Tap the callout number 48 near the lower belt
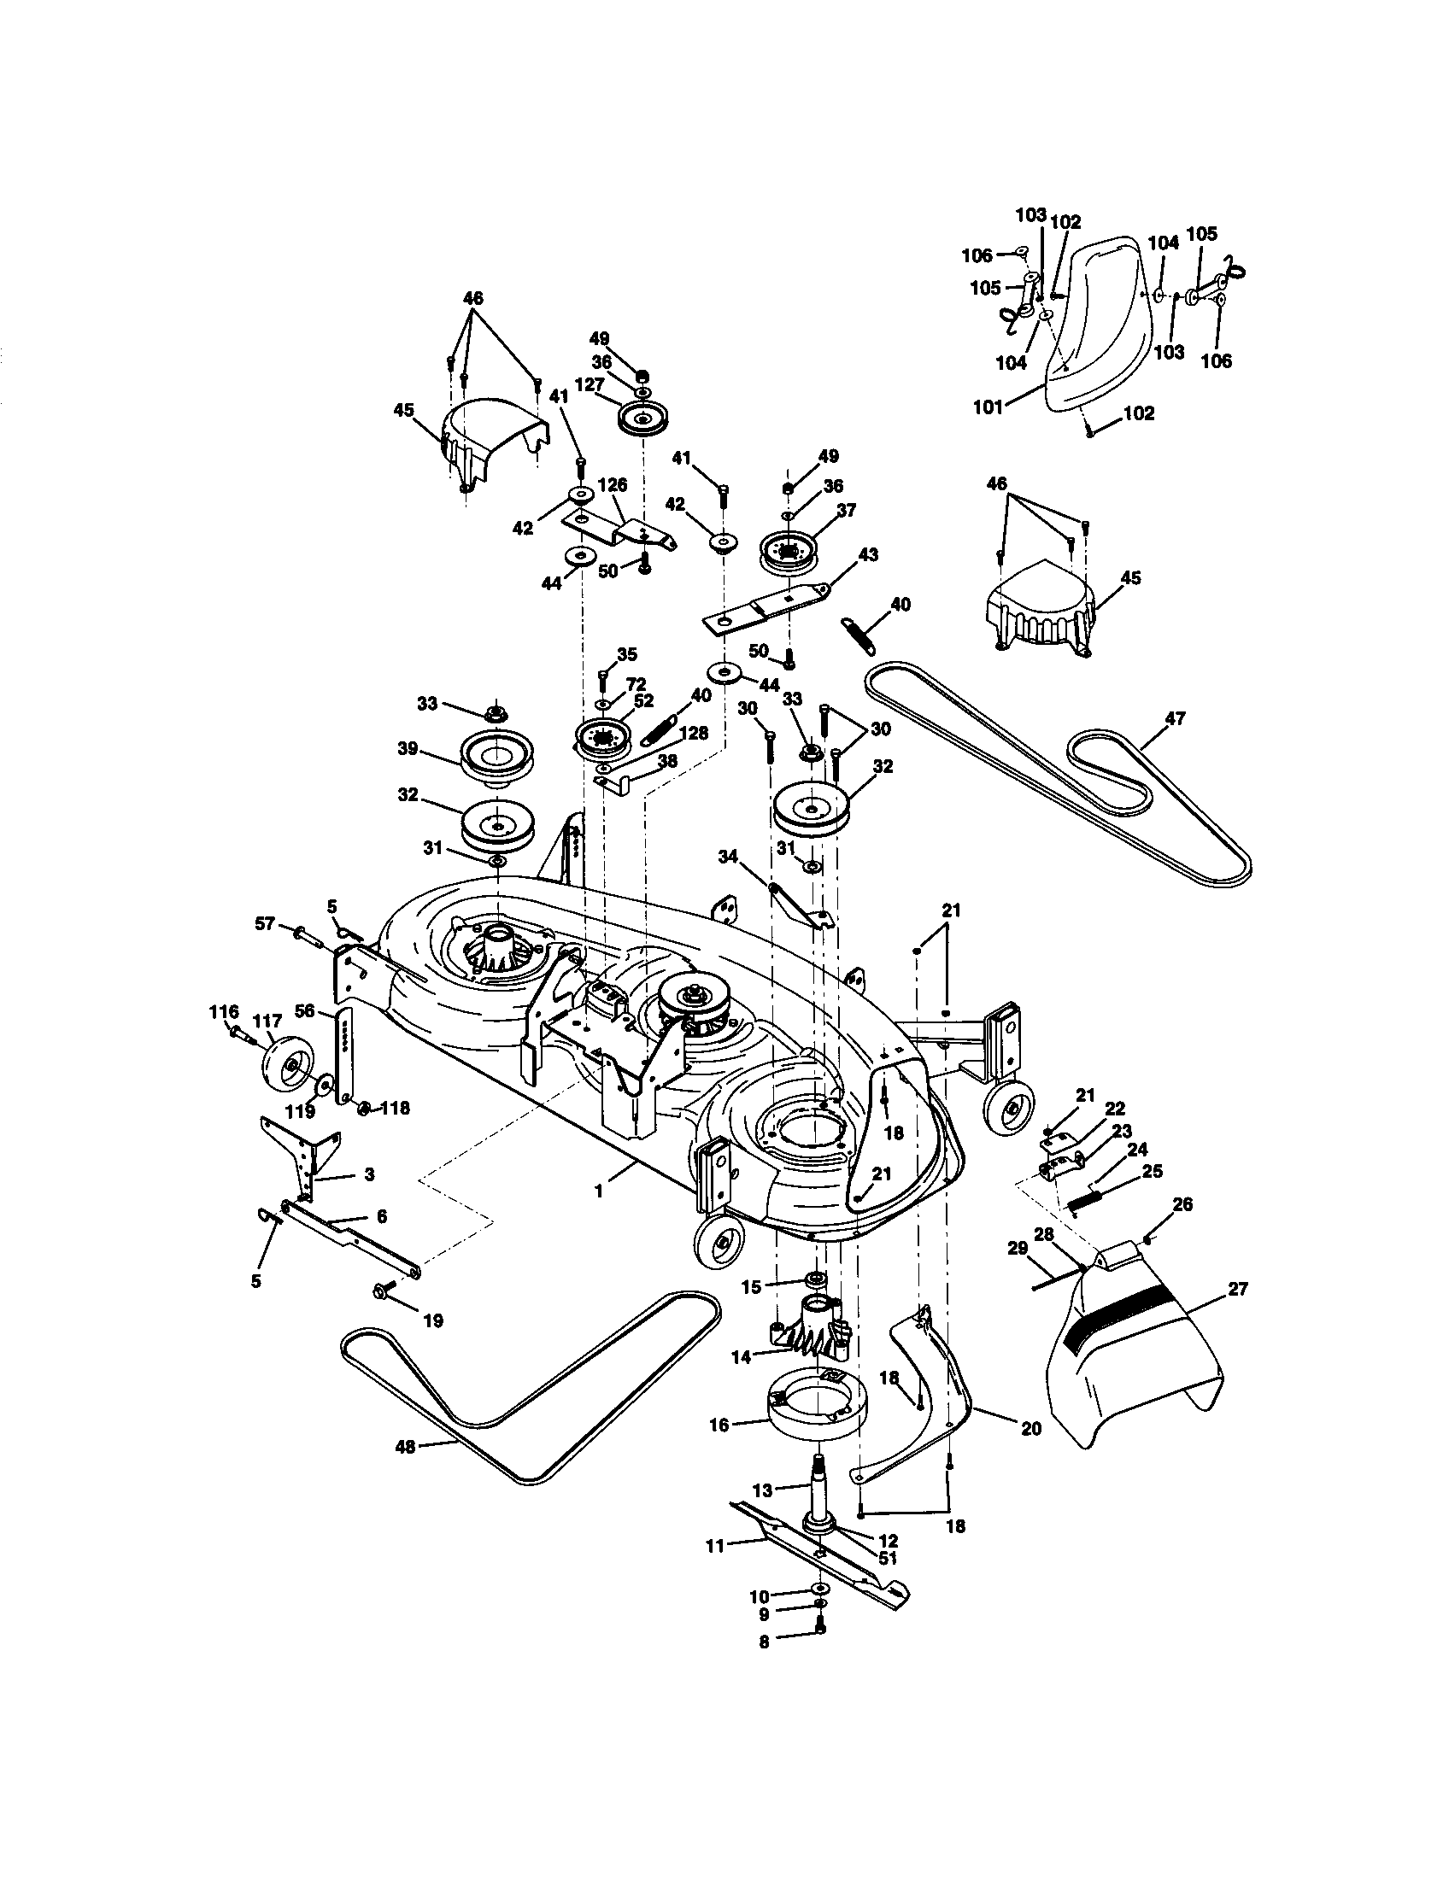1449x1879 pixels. [404, 1447]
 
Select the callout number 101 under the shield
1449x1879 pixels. [988, 407]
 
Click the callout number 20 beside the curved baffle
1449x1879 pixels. [1031, 1428]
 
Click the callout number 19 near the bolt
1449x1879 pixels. [433, 1320]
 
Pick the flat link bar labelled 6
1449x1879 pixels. [353, 1238]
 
